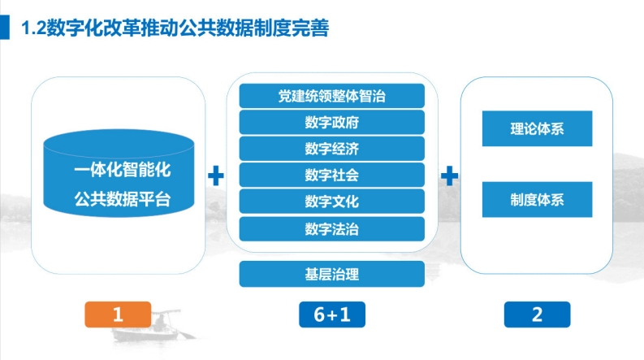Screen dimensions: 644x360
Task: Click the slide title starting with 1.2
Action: [x=175, y=28]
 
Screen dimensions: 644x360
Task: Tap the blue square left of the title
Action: [x=5, y=28]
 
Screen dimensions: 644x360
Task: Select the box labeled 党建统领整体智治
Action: [x=332, y=96]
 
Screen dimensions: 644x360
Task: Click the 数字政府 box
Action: [x=332, y=122]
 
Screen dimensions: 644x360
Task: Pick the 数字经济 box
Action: [x=332, y=149]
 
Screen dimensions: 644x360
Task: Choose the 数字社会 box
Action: [x=332, y=175]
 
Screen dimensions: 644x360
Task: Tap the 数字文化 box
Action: [x=332, y=201]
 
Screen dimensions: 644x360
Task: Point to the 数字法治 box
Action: [x=332, y=229]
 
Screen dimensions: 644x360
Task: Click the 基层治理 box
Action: [x=332, y=274]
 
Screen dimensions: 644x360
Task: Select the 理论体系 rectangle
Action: [x=538, y=128]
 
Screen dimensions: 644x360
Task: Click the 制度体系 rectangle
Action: [x=538, y=199]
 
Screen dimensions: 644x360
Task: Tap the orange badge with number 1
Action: [x=118, y=314]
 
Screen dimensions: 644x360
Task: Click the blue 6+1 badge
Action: [x=332, y=314]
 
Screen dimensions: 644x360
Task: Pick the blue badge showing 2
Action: [x=538, y=314]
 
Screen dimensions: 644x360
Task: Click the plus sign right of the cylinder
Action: [x=216, y=176]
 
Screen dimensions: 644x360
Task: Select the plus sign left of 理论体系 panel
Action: [x=449, y=176]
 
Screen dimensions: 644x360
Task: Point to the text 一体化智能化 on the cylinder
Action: [x=123, y=170]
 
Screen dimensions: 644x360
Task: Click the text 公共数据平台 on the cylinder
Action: [x=123, y=199]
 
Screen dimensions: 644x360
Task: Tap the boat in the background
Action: [x=153, y=327]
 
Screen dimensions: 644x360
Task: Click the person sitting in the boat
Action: [x=161, y=321]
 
